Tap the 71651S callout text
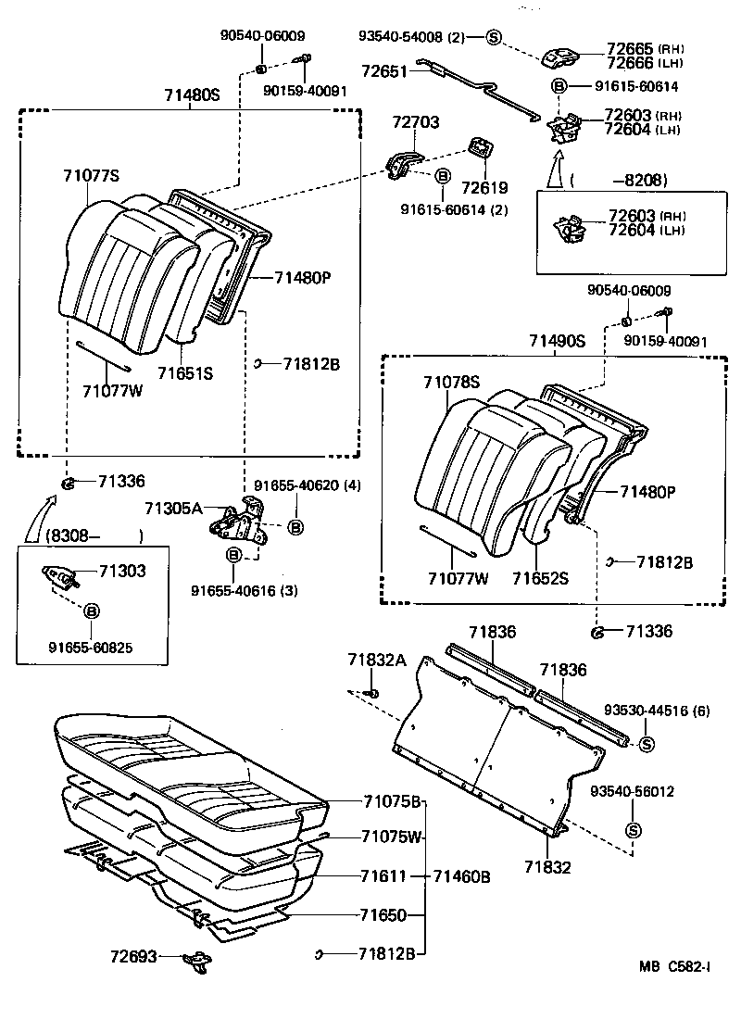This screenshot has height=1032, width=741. coord(185,373)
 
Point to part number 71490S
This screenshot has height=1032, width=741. coord(558,341)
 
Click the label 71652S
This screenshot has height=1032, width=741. coord(541,578)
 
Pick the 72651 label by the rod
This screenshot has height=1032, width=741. coord(384,70)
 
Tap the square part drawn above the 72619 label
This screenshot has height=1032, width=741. coord(481,147)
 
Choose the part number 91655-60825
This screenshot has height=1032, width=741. coord(92,648)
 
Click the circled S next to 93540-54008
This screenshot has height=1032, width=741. coord(493,37)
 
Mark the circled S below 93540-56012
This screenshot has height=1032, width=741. coord(634,829)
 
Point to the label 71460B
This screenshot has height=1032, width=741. coord(461,875)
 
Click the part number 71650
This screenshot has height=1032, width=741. coord(383,915)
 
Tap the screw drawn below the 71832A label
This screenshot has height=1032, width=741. coord(371,692)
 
